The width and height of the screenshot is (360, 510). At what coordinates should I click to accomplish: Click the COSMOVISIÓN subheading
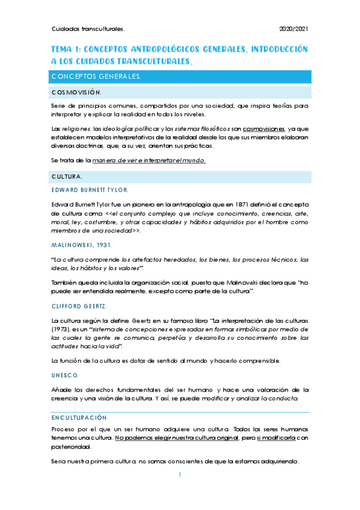pyautogui.click(x=76, y=93)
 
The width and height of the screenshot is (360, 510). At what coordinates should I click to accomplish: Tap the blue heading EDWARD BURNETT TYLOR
pyautogui.click(x=90, y=190)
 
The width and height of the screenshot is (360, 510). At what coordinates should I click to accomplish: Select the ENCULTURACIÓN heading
pyautogui.click(x=80, y=417)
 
